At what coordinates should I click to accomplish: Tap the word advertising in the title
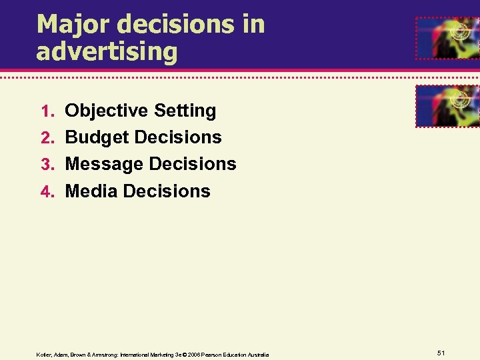(107, 52)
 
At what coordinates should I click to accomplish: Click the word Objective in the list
(106, 111)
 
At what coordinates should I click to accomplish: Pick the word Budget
(96, 138)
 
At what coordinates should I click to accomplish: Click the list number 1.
(46, 111)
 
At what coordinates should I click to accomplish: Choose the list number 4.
(46, 192)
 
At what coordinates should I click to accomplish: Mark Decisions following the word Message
(193, 164)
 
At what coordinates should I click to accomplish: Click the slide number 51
(441, 353)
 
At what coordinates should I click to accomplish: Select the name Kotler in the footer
(44, 355)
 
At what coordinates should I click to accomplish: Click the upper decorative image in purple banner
(447, 38)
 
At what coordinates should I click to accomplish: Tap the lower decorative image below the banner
(447, 106)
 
